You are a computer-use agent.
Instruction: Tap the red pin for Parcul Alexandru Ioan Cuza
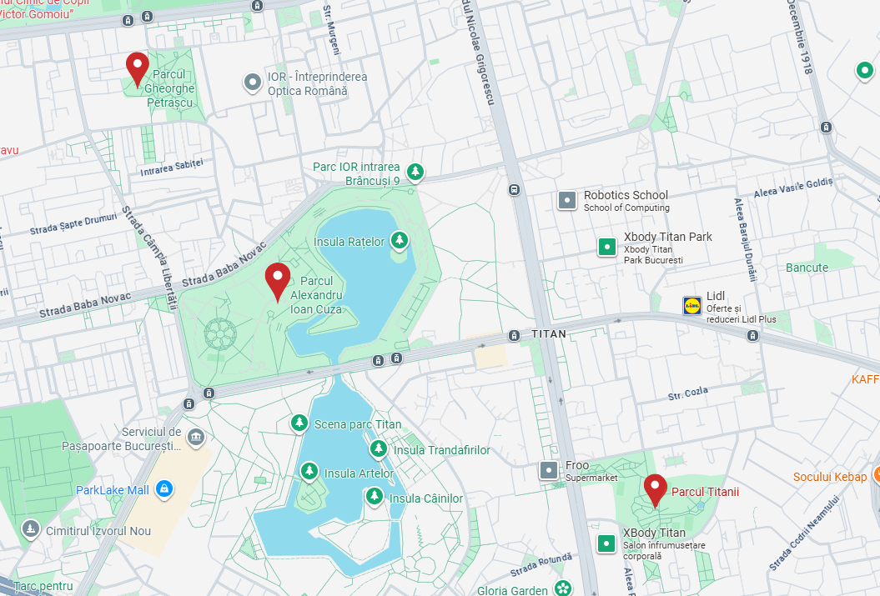point(277,280)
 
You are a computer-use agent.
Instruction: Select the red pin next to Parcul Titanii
point(656,488)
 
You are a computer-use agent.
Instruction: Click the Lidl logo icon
point(691,306)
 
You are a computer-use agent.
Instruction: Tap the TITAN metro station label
point(548,334)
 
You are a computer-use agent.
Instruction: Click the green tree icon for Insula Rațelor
point(400,241)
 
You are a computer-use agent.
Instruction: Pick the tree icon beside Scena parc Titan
point(299,424)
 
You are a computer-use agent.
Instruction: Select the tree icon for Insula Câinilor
point(375,498)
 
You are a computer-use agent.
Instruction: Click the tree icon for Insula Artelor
point(309,473)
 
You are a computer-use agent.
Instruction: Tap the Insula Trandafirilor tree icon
point(379,450)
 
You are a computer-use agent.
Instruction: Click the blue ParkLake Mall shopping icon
point(164,489)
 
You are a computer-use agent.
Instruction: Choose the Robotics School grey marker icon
point(567,200)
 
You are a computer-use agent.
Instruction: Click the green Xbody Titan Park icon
point(606,247)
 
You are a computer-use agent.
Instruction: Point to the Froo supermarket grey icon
point(548,471)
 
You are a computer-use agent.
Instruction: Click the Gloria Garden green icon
point(564,588)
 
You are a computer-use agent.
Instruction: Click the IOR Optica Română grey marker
point(252,83)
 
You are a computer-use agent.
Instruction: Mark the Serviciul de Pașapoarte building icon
point(196,437)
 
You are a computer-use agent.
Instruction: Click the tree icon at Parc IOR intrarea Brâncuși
point(415,173)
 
